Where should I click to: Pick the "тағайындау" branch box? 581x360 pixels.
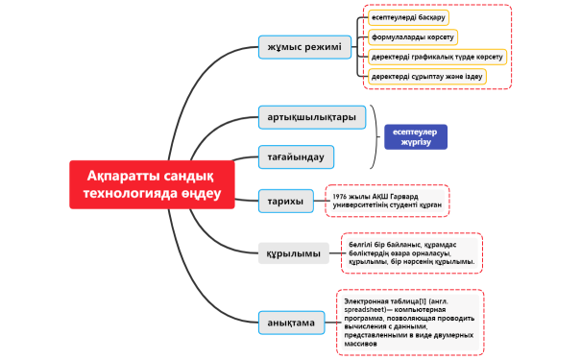pos(296,156)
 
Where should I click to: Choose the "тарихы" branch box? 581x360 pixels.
pos(286,201)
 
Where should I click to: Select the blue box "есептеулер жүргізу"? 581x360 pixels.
pos(416,137)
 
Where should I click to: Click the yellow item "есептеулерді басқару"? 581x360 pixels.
pos(409,17)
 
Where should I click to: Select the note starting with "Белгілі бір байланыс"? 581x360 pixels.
pos(410,253)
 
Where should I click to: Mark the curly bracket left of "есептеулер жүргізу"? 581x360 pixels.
pos(372,137)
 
